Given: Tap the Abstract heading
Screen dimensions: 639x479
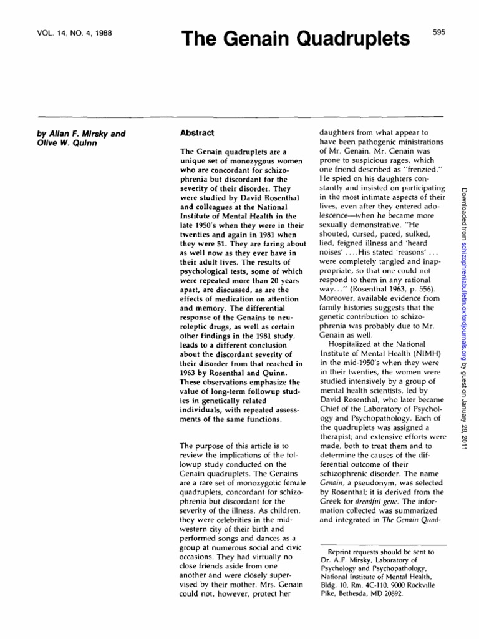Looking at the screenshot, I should [197, 133].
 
